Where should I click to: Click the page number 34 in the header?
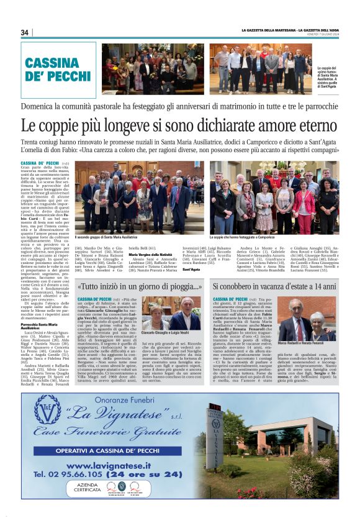(x=25, y=32)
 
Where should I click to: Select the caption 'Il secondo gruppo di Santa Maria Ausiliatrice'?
(x=111, y=237)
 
